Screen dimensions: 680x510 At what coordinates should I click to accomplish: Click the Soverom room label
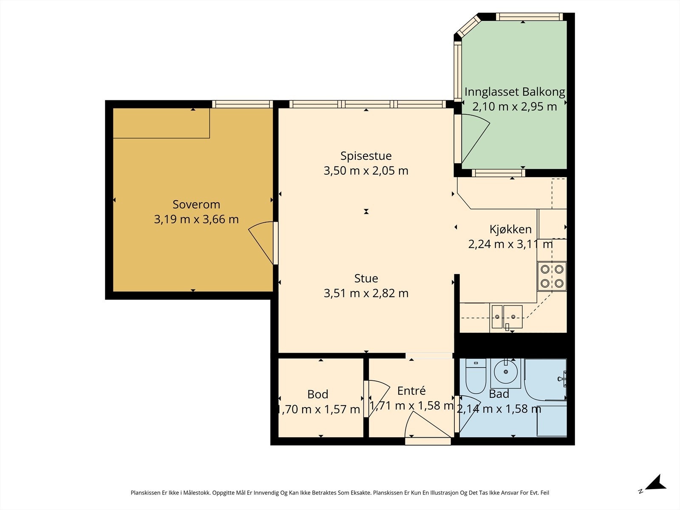(x=196, y=204)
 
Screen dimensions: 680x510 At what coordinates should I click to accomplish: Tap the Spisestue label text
(x=366, y=156)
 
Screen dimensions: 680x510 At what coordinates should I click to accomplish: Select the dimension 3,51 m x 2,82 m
(x=366, y=293)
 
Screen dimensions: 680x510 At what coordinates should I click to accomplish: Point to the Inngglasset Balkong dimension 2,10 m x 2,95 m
(x=514, y=107)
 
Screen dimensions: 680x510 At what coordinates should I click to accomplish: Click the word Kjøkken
(x=510, y=229)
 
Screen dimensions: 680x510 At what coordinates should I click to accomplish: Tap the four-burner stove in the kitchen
(x=552, y=276)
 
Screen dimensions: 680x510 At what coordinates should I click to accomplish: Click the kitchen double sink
(x=507, y=317)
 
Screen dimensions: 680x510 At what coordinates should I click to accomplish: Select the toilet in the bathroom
(x=476, y=376)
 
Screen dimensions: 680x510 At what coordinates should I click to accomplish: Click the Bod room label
(x=317, y=394)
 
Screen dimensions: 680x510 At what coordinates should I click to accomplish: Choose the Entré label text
(x=411, y=391)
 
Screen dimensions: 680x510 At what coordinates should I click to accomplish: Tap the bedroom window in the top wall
(x=243, y=104)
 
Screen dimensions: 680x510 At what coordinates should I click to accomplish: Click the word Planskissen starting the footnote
(x=146, y=493)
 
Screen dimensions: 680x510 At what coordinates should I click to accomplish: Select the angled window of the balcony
(x=470, y=26)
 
